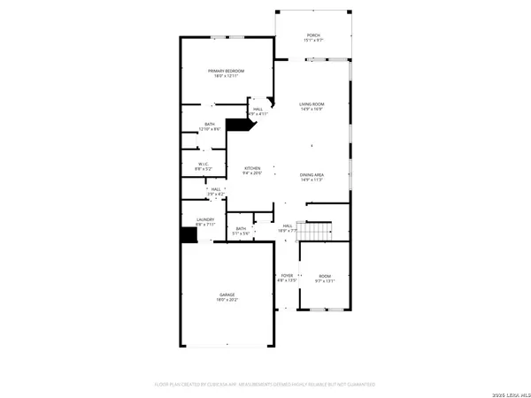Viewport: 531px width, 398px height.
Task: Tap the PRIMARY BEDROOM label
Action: tap(226, 71)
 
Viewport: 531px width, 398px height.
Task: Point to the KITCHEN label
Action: tap(252, 168)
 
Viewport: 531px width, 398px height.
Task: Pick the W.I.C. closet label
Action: tap(203, 164)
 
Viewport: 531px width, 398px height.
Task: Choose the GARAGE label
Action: tap(227, 295)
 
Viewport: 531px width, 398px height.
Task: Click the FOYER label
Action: tap(287, 276)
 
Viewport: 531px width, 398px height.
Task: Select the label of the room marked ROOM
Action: tap(324, 276)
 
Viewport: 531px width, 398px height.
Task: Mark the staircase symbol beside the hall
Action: tap(312, 231)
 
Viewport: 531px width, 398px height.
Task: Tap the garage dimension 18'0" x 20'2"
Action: tap(227, 301)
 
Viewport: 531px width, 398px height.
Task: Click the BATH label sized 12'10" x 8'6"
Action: tap(210, 125)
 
